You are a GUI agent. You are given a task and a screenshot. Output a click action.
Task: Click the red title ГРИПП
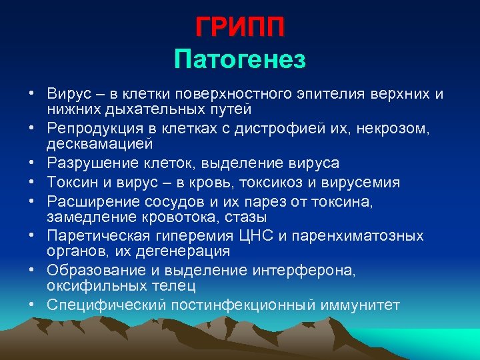click(x=240, y=27)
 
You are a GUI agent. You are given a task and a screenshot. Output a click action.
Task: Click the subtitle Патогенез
click(x=240, y=60)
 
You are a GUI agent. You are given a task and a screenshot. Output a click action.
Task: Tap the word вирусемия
click(x=365, y=182)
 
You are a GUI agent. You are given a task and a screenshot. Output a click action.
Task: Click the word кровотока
click(x=200, y=217)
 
